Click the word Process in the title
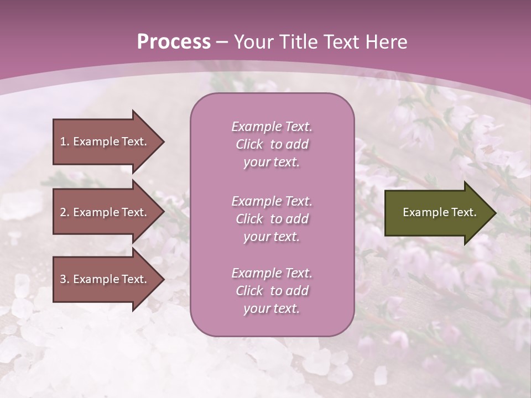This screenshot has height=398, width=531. [x=174, y=43]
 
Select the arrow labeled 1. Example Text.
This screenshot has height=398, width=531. [x=105, y=142]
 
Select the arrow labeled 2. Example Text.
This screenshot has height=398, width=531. [x=105, y=212]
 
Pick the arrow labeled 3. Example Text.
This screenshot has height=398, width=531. [x=105, y=279]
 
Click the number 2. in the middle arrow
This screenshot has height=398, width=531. [x=65, y=212]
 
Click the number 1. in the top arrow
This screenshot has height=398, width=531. [x=65, y=142]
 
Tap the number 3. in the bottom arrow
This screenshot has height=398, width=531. [x=65, y=279]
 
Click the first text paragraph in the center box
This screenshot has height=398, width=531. [x=272, y=144]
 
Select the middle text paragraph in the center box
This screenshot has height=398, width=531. [x=272, y=219]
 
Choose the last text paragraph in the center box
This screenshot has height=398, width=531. [x=272, y=291]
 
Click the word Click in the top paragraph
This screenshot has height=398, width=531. [x=249, y=144]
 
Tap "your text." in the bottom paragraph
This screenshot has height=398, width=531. [x=272, y=309]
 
